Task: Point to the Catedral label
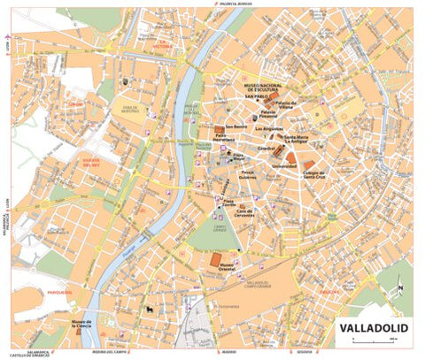pyautogui.click(x=266, y=149)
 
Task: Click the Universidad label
pyautogui.click(x=283, y=166)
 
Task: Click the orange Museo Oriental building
pyautogui.click(x=215, y=259)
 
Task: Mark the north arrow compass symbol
pyautogui.click(x=399, y=286)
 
